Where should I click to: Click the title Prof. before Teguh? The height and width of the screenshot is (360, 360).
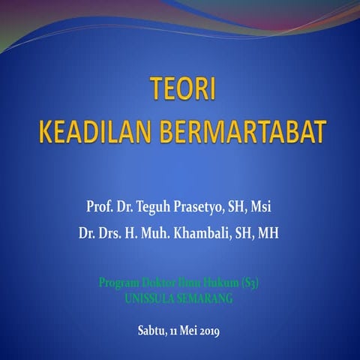click(x=101, y=205)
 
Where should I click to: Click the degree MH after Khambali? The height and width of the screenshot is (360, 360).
click(x=268, y=233)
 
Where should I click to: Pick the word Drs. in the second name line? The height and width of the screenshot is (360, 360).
click(x=116, y=233)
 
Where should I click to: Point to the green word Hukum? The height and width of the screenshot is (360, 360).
click(x=218, y=283)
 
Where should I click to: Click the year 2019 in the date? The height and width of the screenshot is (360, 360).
click(x=207, y=331)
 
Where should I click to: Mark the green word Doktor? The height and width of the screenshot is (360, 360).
click(x=155, y=283)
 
